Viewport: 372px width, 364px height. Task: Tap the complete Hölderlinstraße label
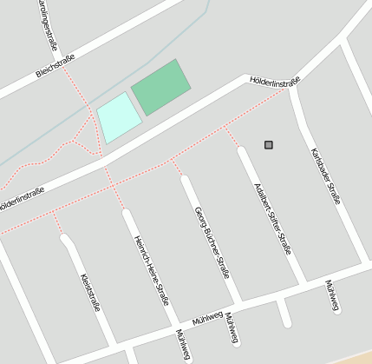(274, 82)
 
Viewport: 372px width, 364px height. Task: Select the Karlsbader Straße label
(325, 175)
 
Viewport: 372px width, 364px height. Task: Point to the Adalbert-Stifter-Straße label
(271, 218)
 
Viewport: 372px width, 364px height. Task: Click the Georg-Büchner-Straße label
(212, 242)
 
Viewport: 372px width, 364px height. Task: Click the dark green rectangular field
(160, 87)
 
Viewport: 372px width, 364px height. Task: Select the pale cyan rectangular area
(118, 117)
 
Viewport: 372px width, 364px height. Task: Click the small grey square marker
(269, 144)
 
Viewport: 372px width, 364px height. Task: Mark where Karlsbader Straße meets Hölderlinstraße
(292, 88)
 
